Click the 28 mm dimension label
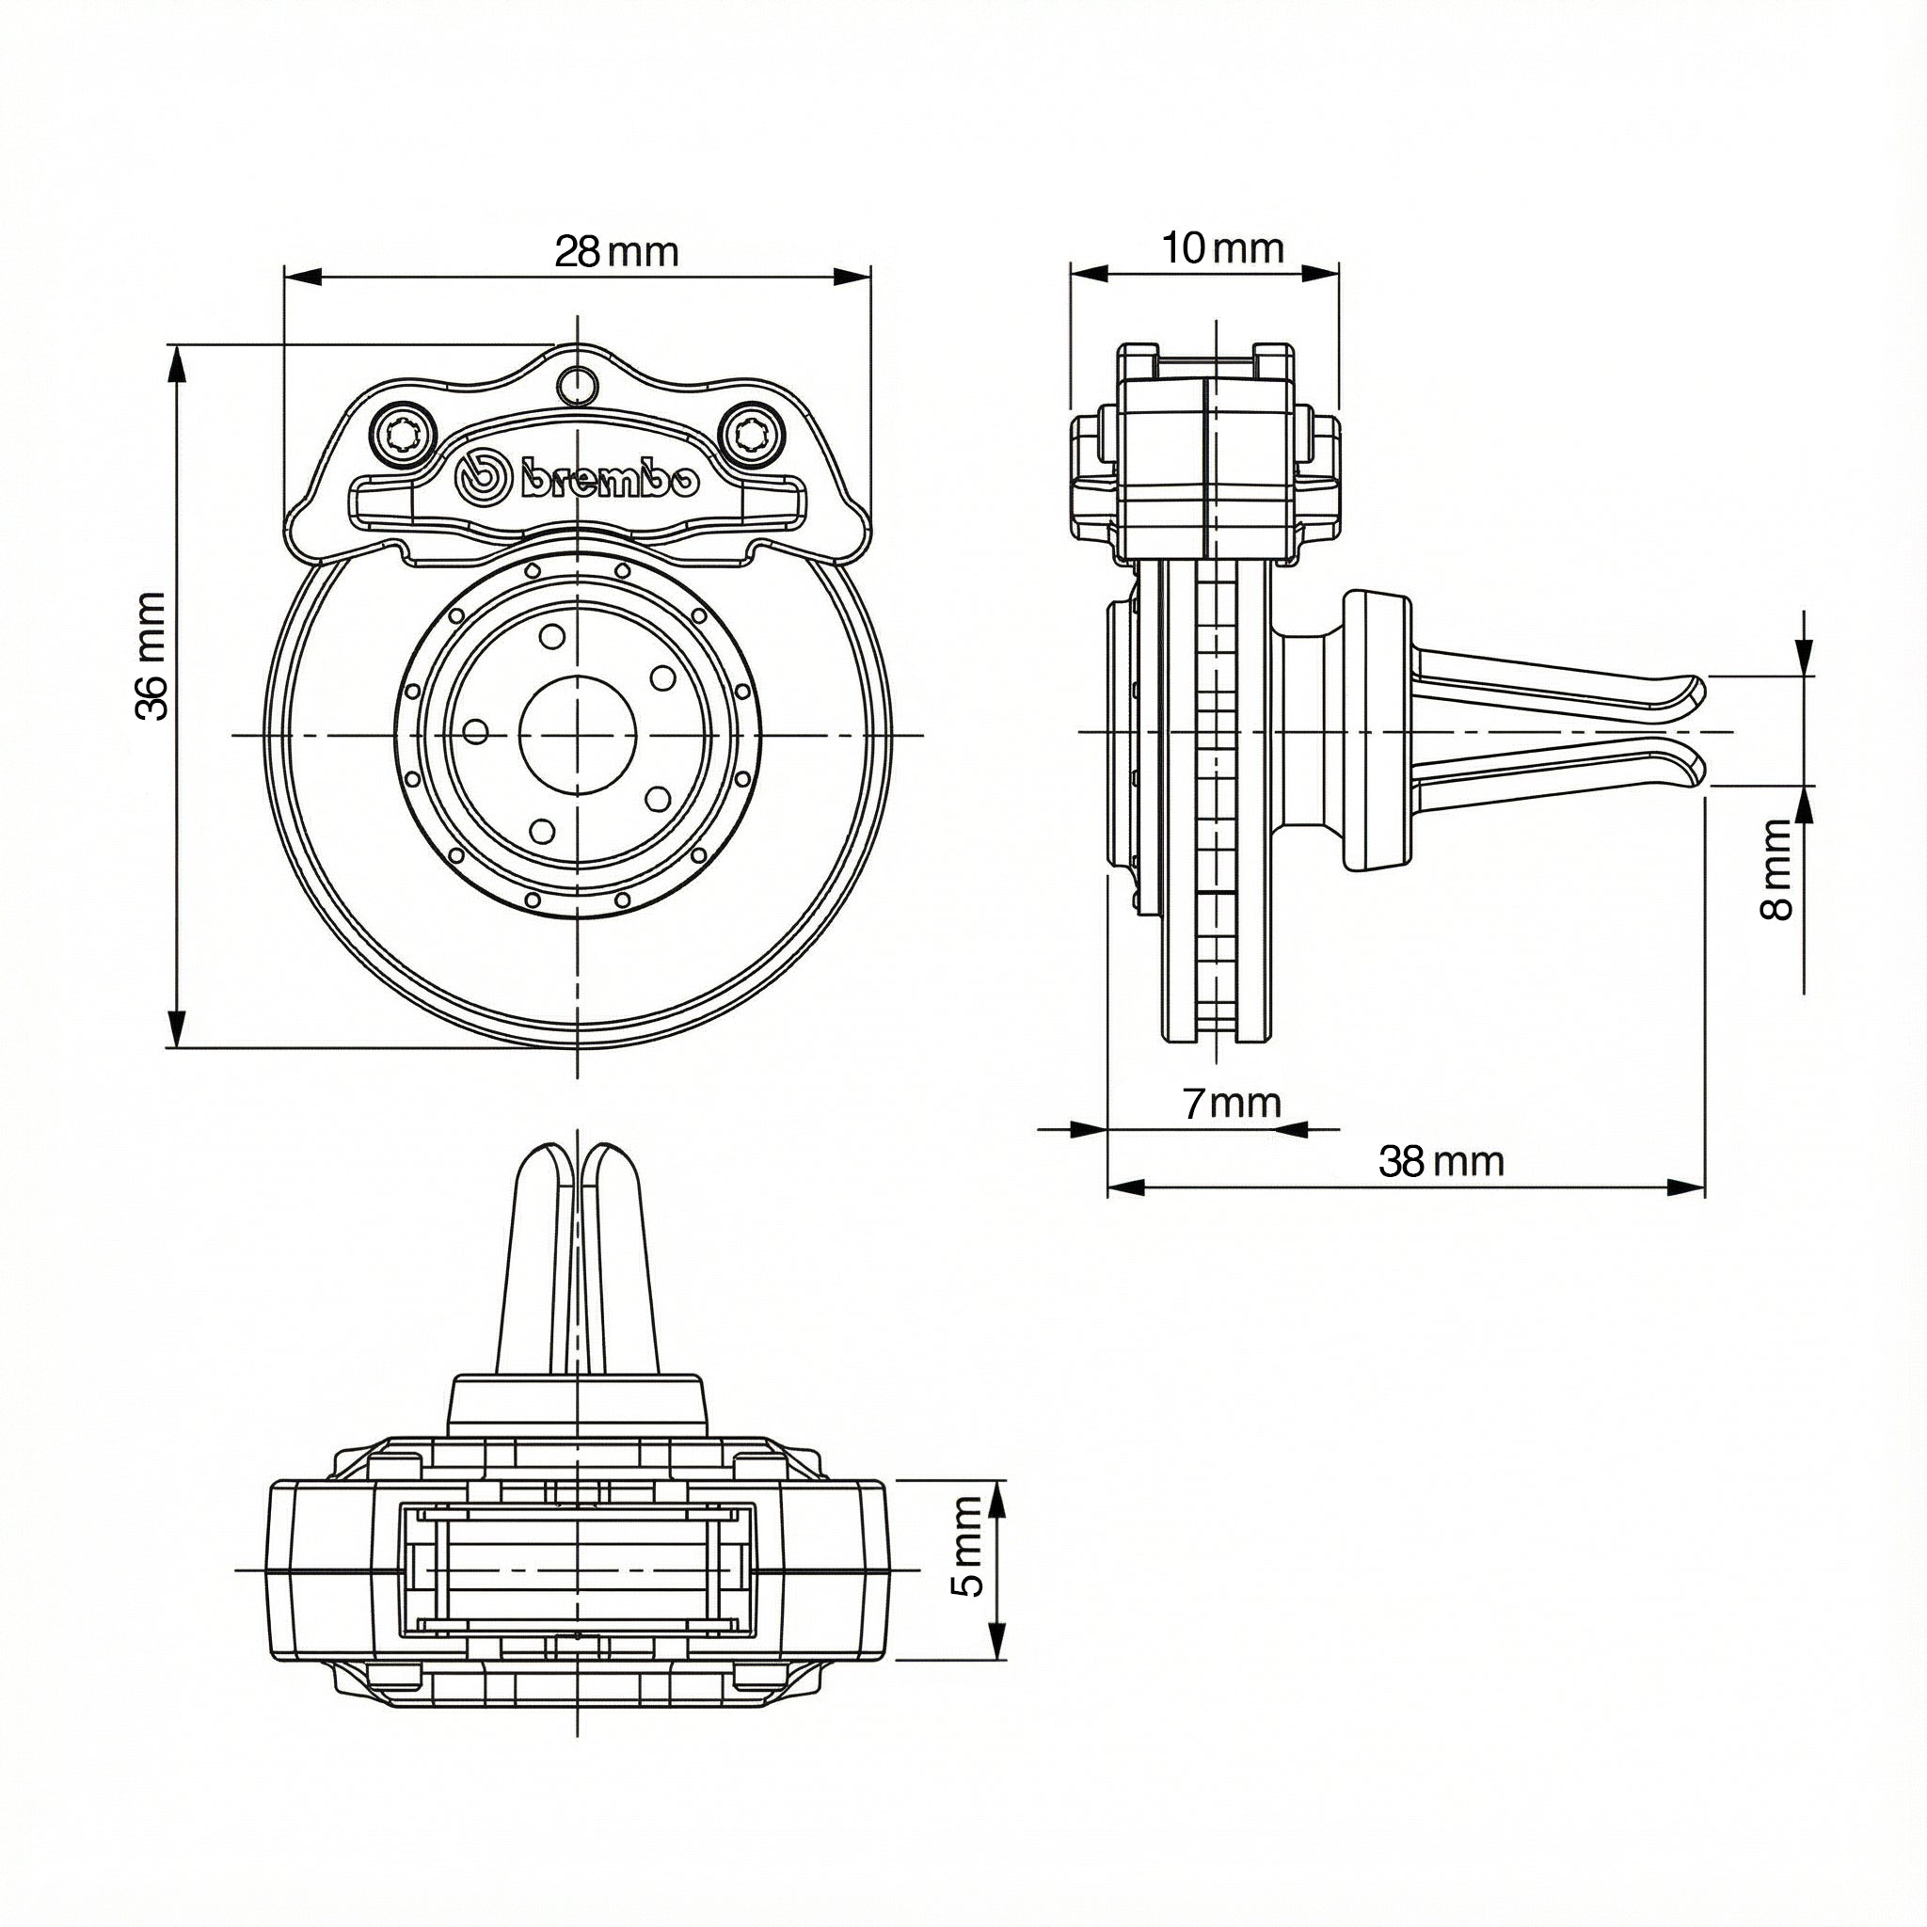pyautogui.click(x=616, y=251)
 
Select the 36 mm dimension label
pyautogui.click(x=151, y=655)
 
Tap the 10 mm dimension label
pyautogui.click(x=1222, y=247)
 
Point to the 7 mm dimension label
pyautogui.click(x=1231, y=1103)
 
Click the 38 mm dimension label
pyautogui.click(x=1441, y=1161)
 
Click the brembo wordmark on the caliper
pyautogui.click(x=610, y=480)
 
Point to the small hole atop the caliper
pyautogui.click(x=576, y=382)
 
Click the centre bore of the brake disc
pyautogui.click(x=578, y=735)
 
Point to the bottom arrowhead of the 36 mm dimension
pyautogui.click(x=177, y=1027)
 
